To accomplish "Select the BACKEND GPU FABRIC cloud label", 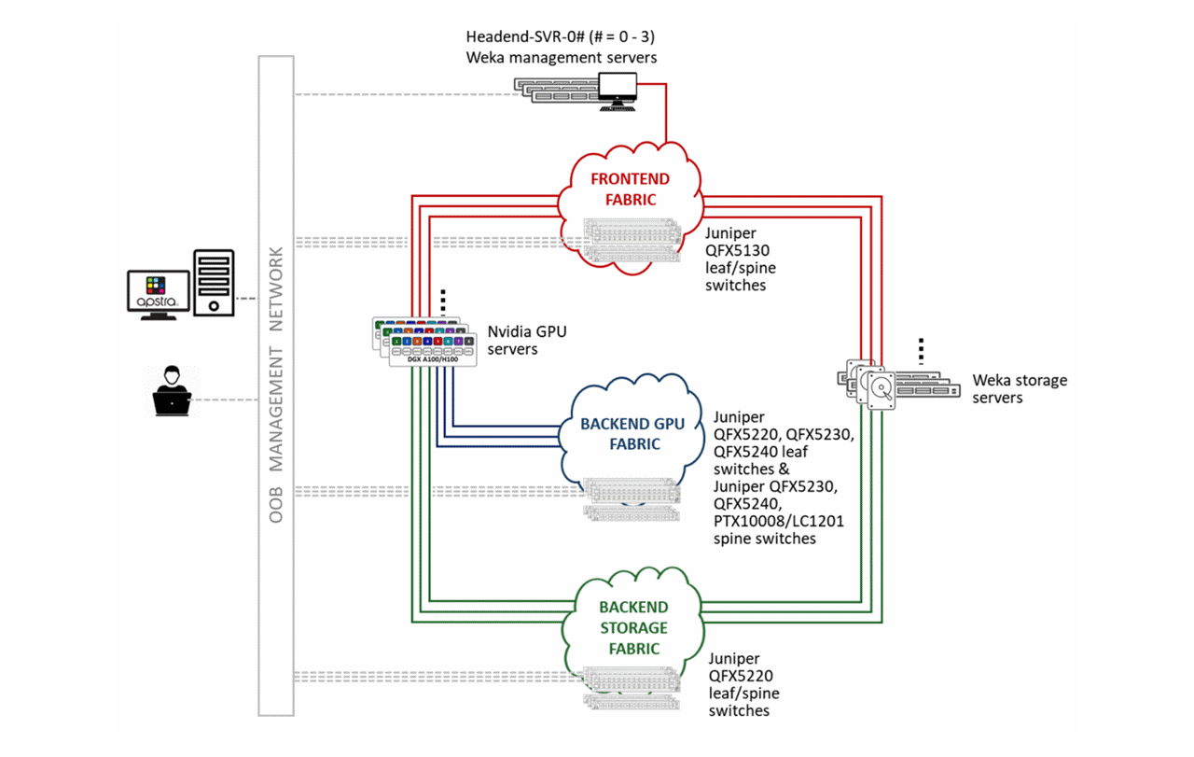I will (x=632, y=434).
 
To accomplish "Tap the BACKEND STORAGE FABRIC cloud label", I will (x=632, y=627).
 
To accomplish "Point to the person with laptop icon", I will (x=171, y=390).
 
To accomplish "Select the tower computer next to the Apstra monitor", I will (x=214, y=282).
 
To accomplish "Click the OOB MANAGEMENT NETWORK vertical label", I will (x=275, y=385).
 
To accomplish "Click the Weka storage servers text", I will (x=1019, y=388).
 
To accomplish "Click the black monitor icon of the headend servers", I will (x=618, y=90).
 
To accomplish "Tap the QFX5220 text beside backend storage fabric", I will (x=741, y=676).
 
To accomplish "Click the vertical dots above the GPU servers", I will (x=444, y=301).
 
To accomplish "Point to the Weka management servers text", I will (x=562, y=58).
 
